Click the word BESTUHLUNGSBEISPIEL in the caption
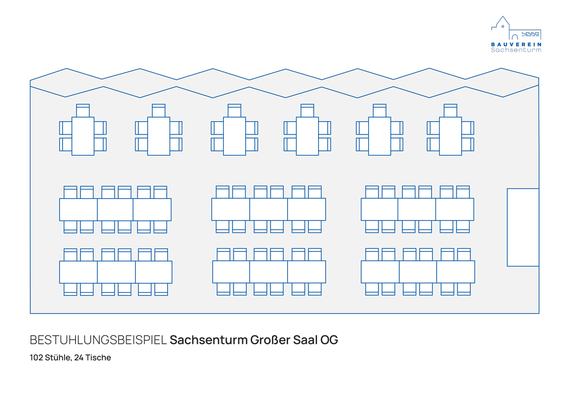98,340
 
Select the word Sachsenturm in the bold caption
208,340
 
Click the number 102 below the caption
36,358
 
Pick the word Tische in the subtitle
98,358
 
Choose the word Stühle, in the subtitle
58,358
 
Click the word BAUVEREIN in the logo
516,45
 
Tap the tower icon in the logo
502,24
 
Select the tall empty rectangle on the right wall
523,227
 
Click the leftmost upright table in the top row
83,136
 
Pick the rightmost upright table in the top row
450,136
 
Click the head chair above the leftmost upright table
83,110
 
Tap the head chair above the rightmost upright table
450,110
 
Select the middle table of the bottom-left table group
116,272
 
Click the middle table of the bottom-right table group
417,272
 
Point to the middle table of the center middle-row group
268,209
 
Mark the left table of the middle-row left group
78,210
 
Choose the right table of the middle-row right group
455,209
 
